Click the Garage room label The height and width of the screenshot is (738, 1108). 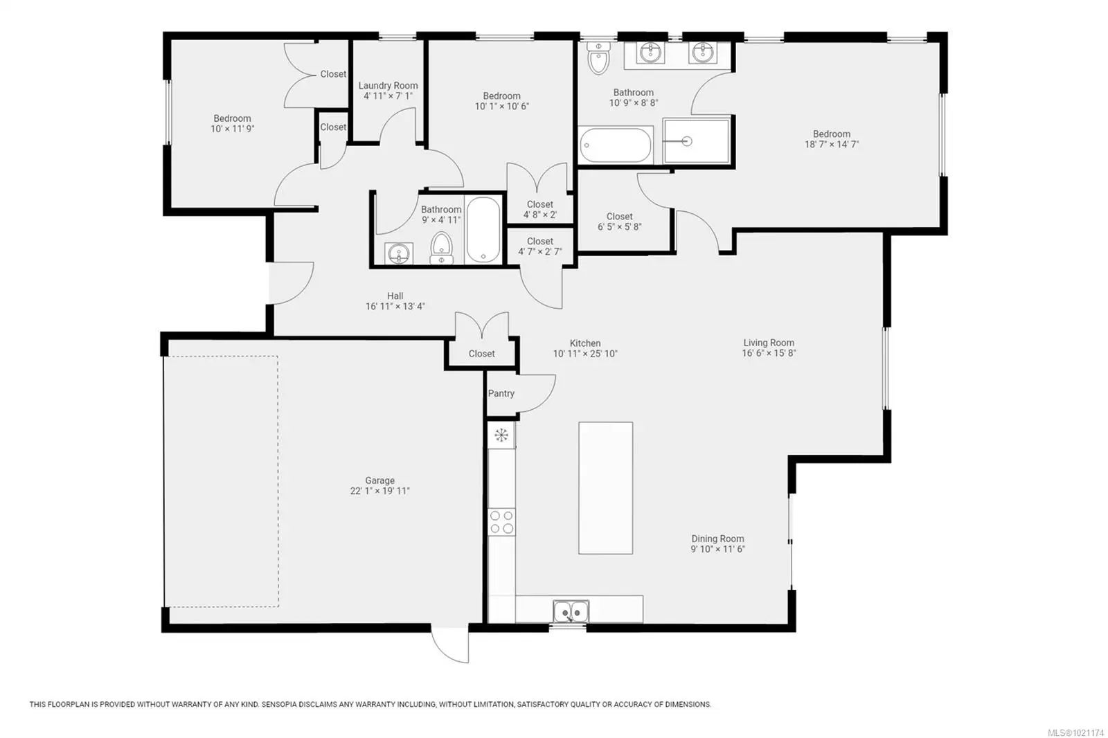(380, 480)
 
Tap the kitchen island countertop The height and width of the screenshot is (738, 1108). (605, 487)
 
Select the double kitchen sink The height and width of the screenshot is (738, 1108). (571, 611)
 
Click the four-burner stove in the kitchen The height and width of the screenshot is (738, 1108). (501, 522)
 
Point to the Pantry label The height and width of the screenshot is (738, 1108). (501, 393)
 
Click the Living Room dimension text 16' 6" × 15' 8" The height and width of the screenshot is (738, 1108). (769, 353)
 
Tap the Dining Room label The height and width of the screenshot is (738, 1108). (717, 539)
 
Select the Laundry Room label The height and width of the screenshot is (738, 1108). (388, 86)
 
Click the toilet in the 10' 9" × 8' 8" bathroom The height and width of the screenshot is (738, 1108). (598, 58)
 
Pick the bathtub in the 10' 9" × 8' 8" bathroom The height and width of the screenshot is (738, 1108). (616, 145)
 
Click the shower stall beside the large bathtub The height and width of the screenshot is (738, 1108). (697, 141)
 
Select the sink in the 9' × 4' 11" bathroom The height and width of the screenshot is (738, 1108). (399, 254)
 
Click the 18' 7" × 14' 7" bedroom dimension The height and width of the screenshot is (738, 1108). (832, 145)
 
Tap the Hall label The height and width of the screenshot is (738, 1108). (395, 296)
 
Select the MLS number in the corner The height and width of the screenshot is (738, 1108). (1075, 732)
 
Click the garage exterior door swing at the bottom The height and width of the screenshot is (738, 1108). (449, 645)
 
